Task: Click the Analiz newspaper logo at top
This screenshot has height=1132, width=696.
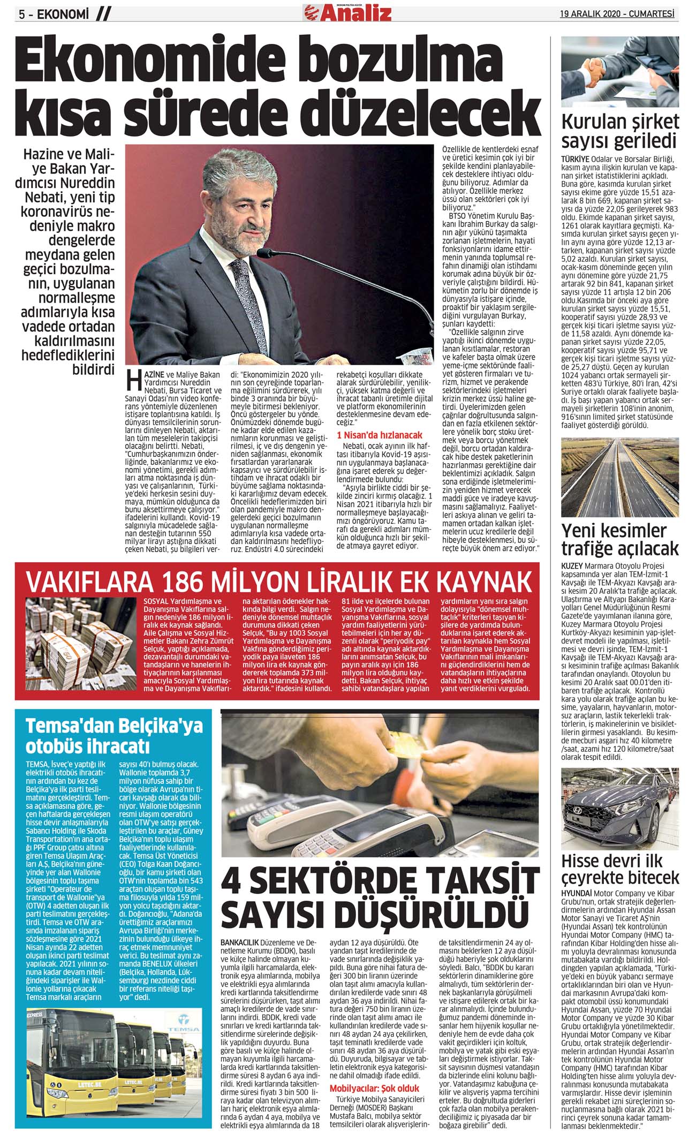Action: [x=347, y=12]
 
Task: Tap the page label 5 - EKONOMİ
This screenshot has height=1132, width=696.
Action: [x=54, y=14]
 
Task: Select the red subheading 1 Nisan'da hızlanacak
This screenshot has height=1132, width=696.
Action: [x=379, y=435]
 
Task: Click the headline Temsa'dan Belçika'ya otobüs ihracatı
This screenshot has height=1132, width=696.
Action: [x=115, y=736]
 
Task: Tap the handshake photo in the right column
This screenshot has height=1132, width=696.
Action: [x=619, y=72]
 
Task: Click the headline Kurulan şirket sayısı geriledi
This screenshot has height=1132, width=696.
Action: [x=619, y=131]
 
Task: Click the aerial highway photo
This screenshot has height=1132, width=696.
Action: [x=619, y=477]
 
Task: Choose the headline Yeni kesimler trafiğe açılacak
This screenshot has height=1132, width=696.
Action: [x=619, y=539]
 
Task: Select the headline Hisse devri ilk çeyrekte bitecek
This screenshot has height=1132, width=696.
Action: [x=619, y=869]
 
